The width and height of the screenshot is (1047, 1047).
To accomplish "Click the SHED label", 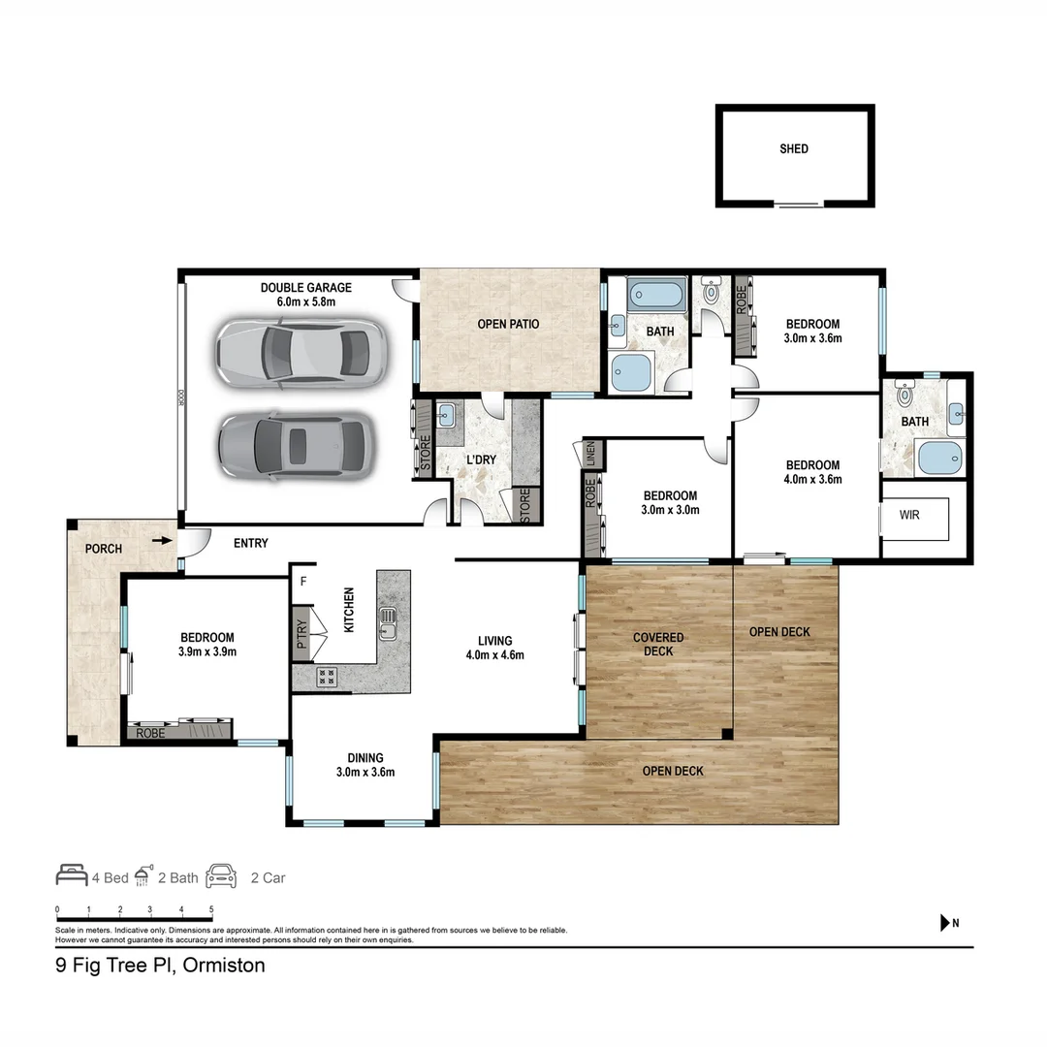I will [x=794, y=149].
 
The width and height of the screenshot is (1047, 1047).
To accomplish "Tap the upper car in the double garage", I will [x=301, y=350].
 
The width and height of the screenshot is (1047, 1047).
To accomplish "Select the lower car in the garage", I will [x=297, y=445].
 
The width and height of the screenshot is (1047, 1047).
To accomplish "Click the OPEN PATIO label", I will [x=508, y=324].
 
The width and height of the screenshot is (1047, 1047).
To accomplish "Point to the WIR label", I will [x=909, y=515].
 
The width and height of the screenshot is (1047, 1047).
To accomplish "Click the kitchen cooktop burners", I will [x=327, y=677].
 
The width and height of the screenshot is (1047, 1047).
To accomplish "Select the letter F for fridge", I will [x=303, y=582].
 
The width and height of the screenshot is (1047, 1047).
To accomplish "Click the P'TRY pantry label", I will [x=301, y=633].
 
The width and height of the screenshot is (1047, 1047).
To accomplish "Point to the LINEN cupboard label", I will [x=590, y=455].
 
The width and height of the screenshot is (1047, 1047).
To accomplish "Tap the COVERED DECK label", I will [x=658, y=645].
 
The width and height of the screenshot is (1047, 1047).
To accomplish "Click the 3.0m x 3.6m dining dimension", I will [x=365, y=773].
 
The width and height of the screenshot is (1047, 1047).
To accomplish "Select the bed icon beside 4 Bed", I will [x=71, y=875].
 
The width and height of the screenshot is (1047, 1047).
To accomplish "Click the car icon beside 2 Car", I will [x=221, y=875].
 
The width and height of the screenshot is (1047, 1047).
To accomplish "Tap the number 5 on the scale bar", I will [x=211, y=910].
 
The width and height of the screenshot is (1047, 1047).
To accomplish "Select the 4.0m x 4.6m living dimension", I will [x=494, y=654].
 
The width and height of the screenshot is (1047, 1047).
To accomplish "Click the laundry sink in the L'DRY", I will [x=447, y=416].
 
